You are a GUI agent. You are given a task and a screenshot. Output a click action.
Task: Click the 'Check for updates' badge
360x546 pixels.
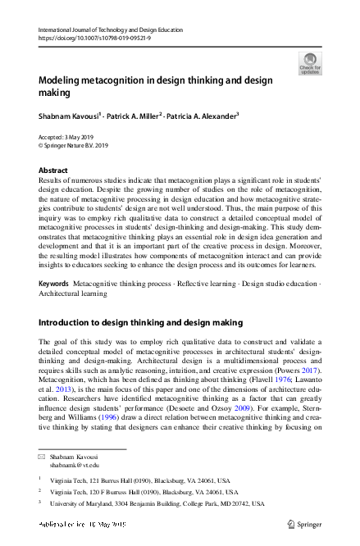pyautogui.click(x=311, y=63)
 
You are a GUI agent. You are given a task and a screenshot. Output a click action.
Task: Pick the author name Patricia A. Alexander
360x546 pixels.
pyautogui.click(x=203, y=117)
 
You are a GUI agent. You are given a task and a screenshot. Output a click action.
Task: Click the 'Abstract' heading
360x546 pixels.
pyautogui.click(x=54, y=171)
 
